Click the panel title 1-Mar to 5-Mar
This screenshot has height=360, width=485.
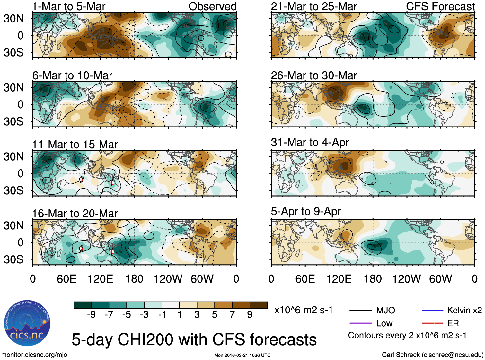(69, 6)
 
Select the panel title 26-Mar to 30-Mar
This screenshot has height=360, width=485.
(314, 75)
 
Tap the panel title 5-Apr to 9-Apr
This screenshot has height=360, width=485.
(306, 211)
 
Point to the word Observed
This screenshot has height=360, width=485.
(212, 6)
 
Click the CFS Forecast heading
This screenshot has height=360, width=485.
(440, 6)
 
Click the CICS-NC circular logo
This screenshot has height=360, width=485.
(27, 323)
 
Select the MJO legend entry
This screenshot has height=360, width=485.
(385, 310)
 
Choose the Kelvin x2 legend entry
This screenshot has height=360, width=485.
(464, 310)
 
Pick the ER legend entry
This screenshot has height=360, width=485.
(453, 323)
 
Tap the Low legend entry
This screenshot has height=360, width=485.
(384, 323)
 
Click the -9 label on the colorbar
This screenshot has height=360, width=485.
(91, 314)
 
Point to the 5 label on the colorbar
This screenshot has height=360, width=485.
(215, 314)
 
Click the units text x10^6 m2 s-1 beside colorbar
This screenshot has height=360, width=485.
(303, 310)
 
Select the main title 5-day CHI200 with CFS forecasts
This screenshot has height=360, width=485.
(194, 339)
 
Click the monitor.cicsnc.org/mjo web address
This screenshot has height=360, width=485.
(34, 355)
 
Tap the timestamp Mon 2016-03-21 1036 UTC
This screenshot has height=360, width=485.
(242, 355)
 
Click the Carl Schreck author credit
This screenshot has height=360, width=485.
(432, 355)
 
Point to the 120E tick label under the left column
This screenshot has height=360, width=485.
(100, 279)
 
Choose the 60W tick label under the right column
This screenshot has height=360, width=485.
(440, 279)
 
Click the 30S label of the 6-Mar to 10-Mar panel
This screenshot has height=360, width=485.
(13, 121)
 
